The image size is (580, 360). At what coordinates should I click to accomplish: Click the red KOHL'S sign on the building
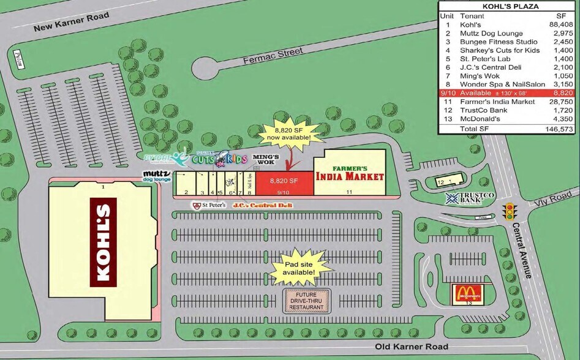point(104,242)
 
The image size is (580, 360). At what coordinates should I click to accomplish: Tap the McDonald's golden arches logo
point(468,294)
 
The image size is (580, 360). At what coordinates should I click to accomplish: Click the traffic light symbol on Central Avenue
point(509,212)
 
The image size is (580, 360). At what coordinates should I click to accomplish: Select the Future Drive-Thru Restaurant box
point(307,301)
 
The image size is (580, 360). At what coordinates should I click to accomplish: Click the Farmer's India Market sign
point(349,173)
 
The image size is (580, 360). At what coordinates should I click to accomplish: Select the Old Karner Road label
point(407,348)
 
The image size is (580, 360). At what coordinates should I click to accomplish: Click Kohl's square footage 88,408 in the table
point(561,24)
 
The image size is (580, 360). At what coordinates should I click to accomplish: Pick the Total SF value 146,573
point(559,129)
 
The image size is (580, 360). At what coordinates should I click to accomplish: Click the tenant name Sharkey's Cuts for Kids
point(500,50)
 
